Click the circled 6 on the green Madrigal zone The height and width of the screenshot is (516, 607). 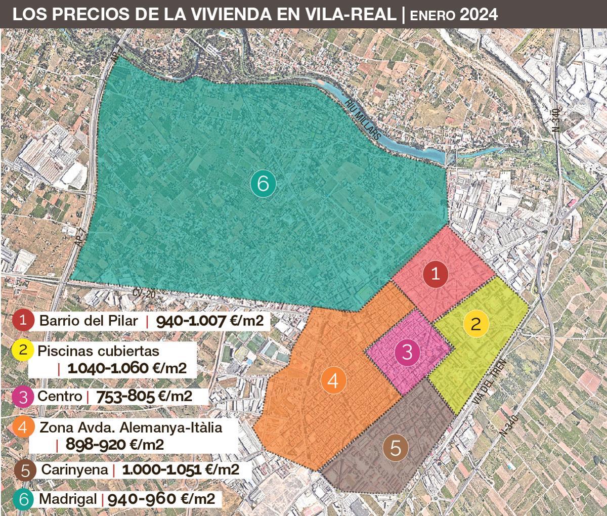pyautogui.click(x=263, y=183)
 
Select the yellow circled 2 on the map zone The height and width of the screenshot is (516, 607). pyautogui.click(x=476, y=323)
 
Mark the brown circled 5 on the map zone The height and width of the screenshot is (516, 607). pyautogui.click(x=396, y=448)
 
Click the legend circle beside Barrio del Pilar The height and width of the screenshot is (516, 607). pyautogui.click(x=24, y=321)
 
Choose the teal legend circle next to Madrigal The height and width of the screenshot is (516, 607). pyautogui.click(x=24, y=499)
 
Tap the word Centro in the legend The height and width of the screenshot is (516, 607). pyautogui.click(x=59, y=396)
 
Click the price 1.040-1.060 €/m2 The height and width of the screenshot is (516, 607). pyautogui.click(x=124, y=368)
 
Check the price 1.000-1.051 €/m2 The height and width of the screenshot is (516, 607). pyautogui.click(x=180, y=469)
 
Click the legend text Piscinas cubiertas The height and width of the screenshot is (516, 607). pyautogui.click(x=98, y=350)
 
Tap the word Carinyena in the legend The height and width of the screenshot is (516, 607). pyautogui.click(x=74, y=469)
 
